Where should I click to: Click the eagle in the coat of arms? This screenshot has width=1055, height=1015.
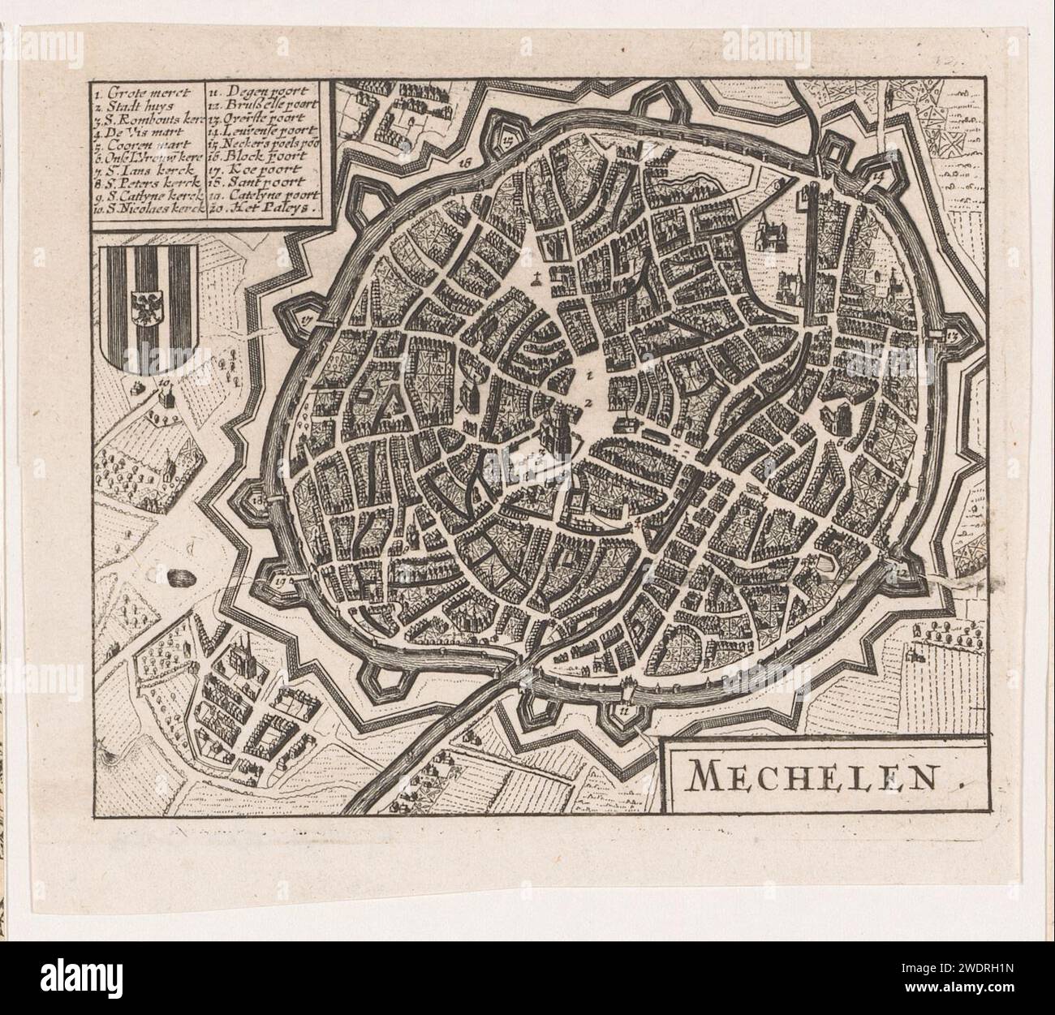point(147,307)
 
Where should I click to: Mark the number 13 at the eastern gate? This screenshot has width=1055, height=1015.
point(951,334)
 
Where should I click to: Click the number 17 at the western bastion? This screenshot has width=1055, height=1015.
point(306,319)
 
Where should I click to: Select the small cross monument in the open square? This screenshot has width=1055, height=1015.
point(536,282)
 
